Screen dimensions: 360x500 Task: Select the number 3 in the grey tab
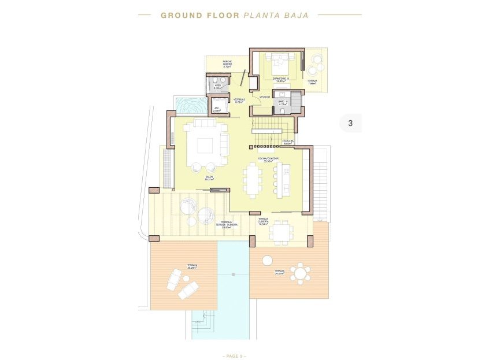coord(350,123)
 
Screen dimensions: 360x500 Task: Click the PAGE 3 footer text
coord(234,355)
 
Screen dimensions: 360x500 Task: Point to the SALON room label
coord(209,177)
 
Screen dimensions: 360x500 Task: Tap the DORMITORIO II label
coord(280,79)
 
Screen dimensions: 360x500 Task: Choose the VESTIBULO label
coord(239,101)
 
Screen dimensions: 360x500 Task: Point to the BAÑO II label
coord(282,103)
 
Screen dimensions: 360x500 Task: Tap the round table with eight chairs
coord(300,272)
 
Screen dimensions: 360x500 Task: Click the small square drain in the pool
coord(233,273)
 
